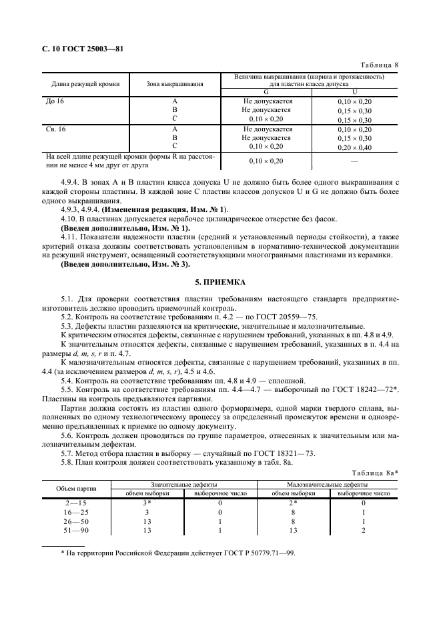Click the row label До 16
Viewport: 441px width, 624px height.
point(50,101)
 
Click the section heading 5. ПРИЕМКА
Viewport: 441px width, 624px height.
point(220,282)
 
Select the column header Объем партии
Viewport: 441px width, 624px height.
point(75,489)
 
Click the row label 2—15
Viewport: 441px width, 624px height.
point(75,503)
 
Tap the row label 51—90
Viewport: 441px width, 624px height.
point(75,531)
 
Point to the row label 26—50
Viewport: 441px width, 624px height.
point(75,521)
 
